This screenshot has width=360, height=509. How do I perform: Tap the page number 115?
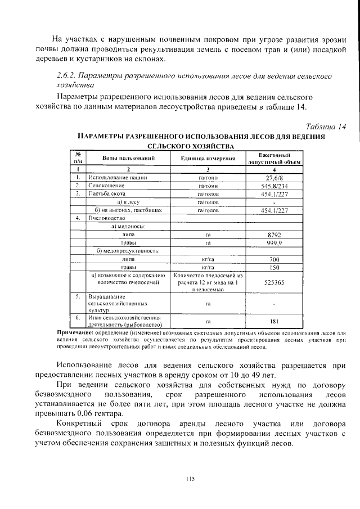[x=190, y=479]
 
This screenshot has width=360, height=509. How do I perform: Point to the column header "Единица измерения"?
[x=208, y=159]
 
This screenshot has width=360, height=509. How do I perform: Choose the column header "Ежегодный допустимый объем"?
[x=274, y=159]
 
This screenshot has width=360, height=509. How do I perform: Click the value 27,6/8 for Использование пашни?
[x=274, y=177]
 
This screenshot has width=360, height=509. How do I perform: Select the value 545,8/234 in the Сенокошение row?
[x=274, y=186]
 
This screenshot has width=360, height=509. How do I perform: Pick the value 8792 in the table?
[x=274, y=234]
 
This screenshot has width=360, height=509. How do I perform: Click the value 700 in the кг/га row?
[x=274, y=259]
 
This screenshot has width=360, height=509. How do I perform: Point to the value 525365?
[x=274, y=283]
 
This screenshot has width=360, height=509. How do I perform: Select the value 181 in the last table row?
[x=274, y=321]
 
